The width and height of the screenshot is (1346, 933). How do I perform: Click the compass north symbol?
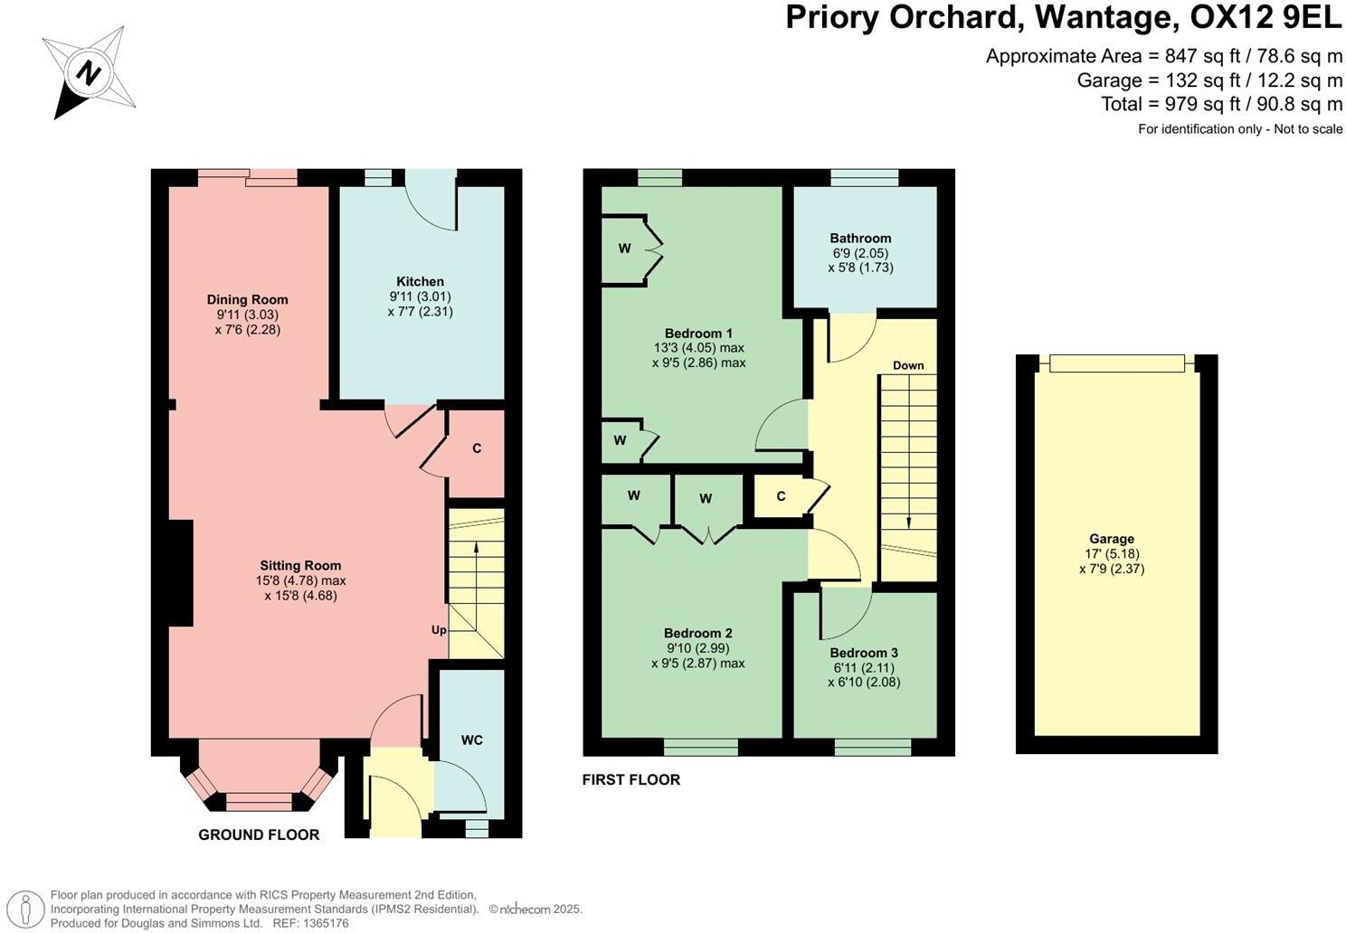(89, 72)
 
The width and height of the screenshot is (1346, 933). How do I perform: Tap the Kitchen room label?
(420, 281)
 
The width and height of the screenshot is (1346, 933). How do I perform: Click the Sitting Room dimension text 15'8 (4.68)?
(300, 596)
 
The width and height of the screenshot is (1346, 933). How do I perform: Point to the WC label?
(471, 740)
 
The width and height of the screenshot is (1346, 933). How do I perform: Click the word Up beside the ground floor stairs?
(439, 630)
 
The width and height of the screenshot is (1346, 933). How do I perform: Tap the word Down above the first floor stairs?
(908, 365)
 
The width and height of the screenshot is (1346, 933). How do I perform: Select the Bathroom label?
(860, 239)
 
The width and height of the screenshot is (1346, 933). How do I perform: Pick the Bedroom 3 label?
(864, 653)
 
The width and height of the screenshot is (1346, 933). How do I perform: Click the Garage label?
(1112, 539)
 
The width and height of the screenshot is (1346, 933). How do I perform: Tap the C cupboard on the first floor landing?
(781, 496)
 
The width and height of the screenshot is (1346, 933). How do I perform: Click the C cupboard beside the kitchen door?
(477, 448)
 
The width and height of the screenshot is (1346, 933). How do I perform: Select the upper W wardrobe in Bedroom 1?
(624, 249)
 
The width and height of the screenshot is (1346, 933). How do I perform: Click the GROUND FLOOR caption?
(259, 834)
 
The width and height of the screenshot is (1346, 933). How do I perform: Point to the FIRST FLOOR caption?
(630, 779)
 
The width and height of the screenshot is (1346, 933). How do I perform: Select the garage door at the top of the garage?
(1116, 363)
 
